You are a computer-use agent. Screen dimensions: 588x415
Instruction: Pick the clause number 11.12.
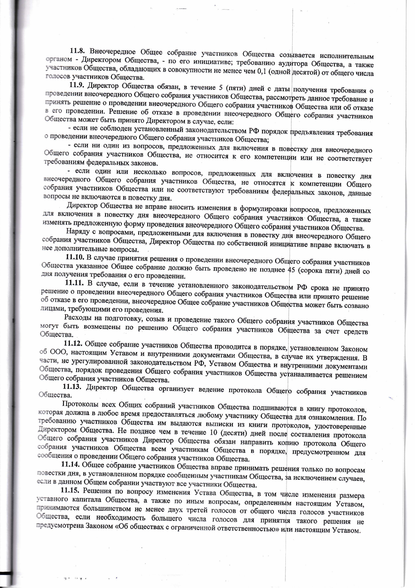(73, 343)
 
